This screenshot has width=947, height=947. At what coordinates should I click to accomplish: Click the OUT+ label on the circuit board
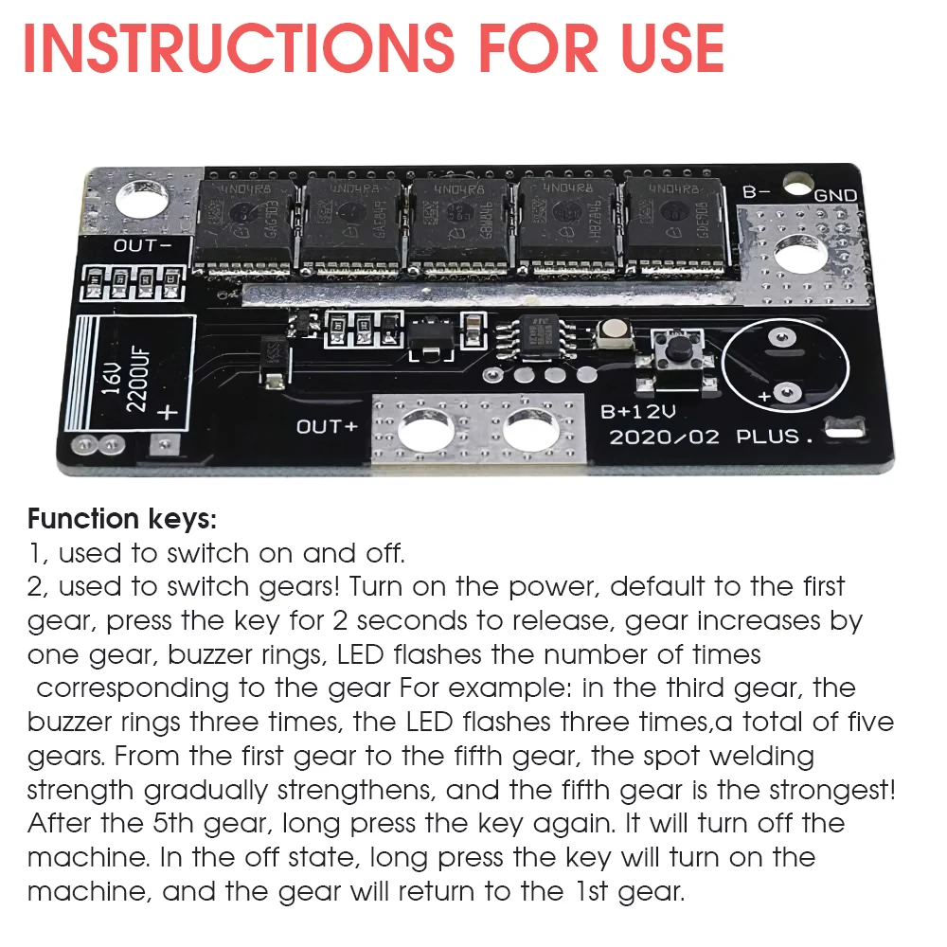[x=327, y=426]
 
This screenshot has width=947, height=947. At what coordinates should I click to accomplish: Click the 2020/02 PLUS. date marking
[x=711, y=438]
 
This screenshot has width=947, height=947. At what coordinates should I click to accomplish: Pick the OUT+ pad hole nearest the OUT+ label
[x=420, y=429]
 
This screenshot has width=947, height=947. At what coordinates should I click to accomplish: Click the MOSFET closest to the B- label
[x=670, y=223]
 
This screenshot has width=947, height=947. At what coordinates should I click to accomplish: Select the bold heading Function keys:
[x=122, y=519]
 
